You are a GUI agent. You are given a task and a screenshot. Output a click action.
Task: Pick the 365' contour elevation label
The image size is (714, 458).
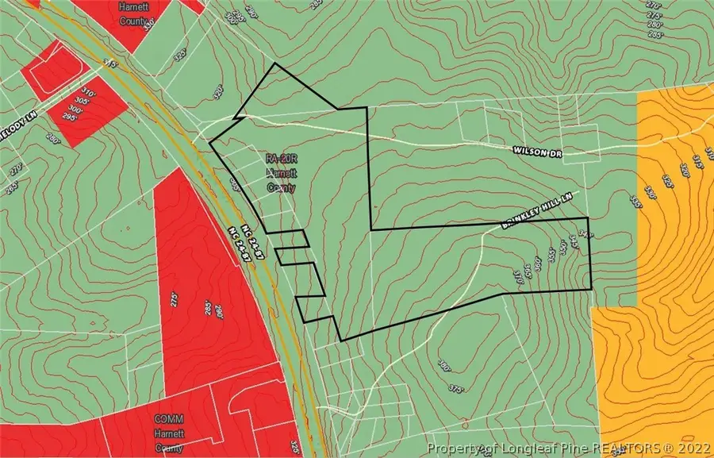click(528, 267)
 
